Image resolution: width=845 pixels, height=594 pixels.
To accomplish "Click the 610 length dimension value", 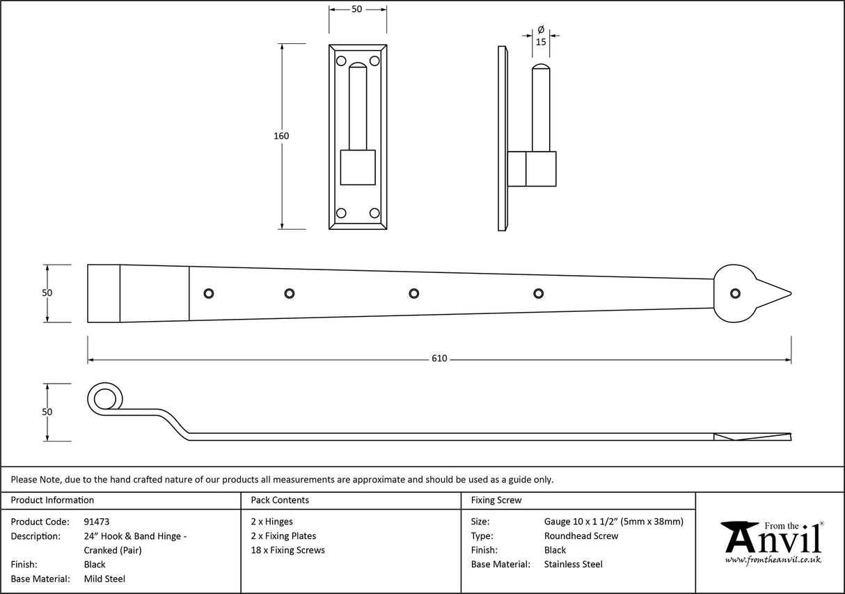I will point(439,359).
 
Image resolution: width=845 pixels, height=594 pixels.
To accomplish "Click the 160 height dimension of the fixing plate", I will point(281,136).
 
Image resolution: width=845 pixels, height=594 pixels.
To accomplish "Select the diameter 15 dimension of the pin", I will point(541,42).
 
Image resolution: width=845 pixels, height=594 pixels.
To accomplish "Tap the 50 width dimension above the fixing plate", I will point(356,9).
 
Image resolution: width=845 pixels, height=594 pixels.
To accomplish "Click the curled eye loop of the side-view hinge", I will point(104,399).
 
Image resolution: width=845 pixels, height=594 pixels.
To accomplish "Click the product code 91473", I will point(96,522).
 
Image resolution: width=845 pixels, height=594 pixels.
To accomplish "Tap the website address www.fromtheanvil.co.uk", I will point(773,560).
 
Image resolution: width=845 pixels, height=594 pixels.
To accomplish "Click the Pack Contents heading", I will point(280,500).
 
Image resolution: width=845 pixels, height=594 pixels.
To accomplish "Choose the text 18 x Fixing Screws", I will point(287,550).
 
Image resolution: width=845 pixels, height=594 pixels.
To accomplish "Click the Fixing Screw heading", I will point(496,500).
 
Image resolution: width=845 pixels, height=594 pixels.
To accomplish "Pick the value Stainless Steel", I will point(574,565).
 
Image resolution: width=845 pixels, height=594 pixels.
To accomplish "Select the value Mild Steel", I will point(104,579).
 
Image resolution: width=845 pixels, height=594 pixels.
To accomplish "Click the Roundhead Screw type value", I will point(581,536).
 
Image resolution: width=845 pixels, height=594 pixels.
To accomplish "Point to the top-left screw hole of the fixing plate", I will point(341,61).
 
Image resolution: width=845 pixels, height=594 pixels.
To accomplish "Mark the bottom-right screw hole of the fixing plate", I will point(374,213).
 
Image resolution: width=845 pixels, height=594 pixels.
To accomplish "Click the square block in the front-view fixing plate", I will point(357,167).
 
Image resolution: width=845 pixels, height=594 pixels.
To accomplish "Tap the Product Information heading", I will point(52,500).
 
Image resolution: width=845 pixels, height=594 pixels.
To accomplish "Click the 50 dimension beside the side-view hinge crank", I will point(47,412).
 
